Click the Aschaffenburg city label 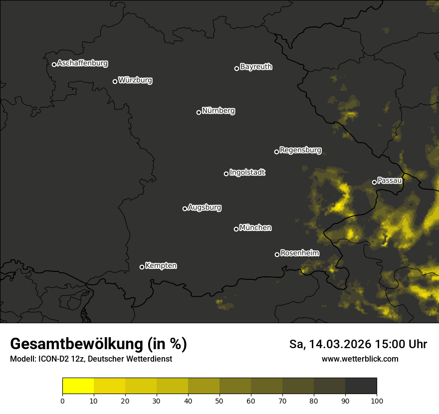coord(82,63)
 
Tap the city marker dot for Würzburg coord(115,81)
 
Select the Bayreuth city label coord(256,67)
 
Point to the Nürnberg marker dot coord(199,112)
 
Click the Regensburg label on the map coord(300,150)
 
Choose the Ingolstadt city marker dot coord(226,174)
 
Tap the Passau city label coord(390,181)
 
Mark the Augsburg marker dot coord(185,208)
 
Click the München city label coord(255,228)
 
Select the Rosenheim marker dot coord(277,254)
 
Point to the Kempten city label coord(161,265)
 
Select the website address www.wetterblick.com coord(360,359)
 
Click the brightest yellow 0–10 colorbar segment coord(78,386)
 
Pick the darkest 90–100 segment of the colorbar coord(361,386)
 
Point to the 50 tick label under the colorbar coord(219,401)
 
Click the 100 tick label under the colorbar coord(377,401)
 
